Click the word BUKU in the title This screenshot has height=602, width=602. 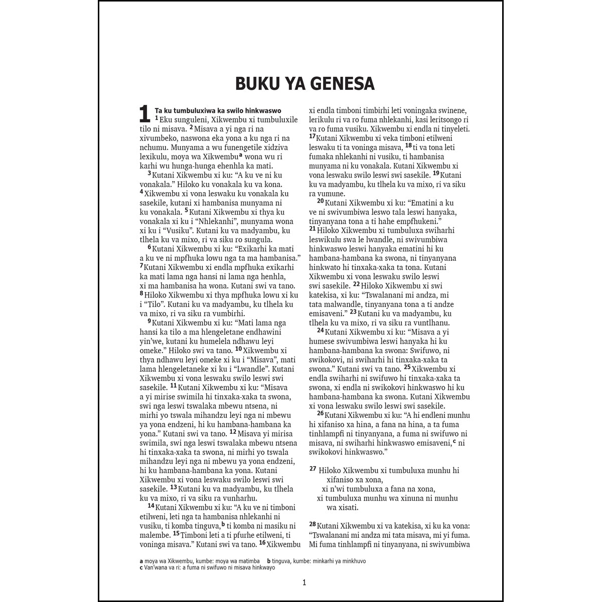point(257,84)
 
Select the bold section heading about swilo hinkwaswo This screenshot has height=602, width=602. point(218,110)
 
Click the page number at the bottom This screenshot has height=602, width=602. point(304,582)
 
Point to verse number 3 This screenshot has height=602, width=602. point(149,173)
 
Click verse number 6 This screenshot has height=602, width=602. point(149,247)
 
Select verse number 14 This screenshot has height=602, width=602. point(150,505)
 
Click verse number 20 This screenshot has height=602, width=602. point(320,201)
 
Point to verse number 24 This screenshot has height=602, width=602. point(320,330)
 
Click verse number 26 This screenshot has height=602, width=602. point(320,413)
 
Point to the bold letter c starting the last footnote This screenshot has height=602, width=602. point(141,568)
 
